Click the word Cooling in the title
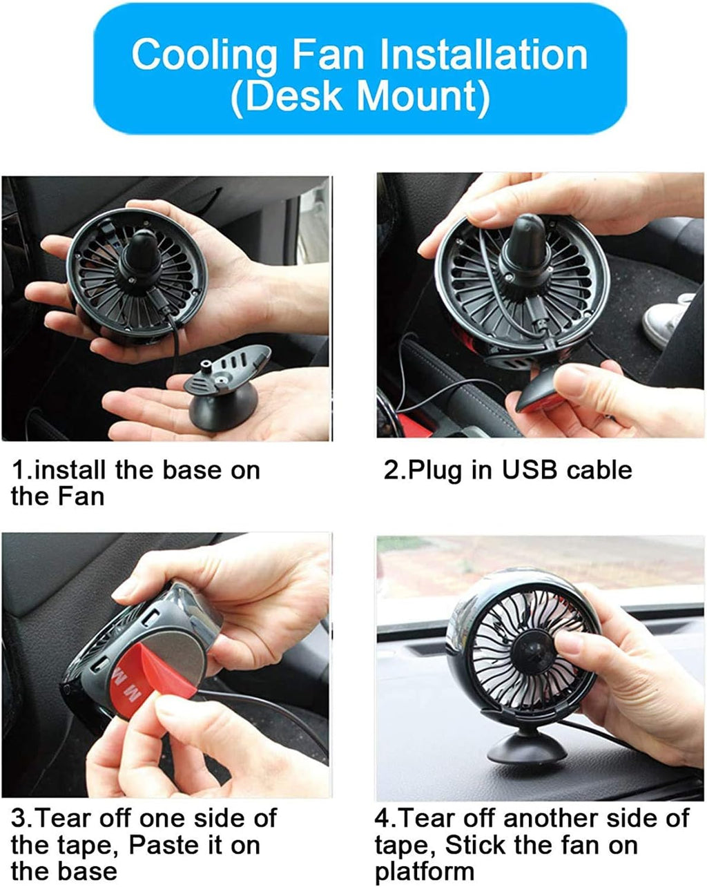204,55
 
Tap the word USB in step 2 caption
530,470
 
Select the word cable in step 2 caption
599,470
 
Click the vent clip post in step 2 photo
525,241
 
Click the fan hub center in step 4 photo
532,648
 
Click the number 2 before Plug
391,470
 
